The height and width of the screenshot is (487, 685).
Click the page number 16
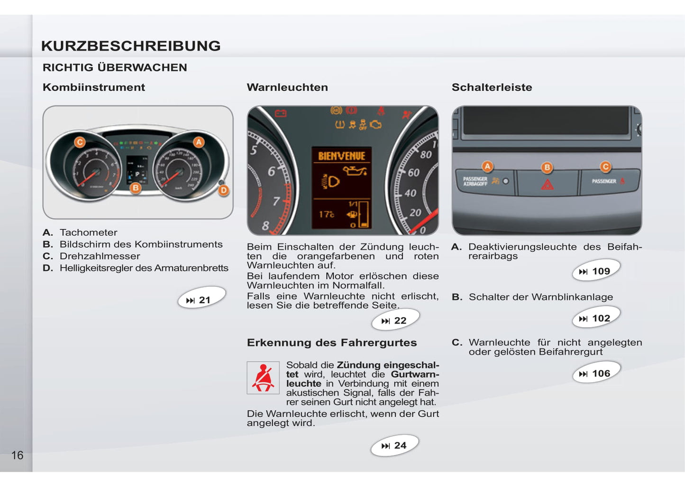coord(18,456)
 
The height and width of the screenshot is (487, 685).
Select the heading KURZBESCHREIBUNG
coord(131,46)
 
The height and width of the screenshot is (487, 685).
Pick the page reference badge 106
coord(596,374)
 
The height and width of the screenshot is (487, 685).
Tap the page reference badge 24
coord(395,446)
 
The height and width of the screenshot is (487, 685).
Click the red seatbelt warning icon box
coord(263,378)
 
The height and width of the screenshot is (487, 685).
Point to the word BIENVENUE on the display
coord(341,156)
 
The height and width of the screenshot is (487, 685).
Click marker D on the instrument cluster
coord(224,190)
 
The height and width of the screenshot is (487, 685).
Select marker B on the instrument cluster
coord(136,188)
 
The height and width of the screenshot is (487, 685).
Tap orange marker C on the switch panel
coord(605,167)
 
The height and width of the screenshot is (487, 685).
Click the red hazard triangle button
coord(548,184)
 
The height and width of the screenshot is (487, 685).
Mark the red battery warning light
coord(281,113)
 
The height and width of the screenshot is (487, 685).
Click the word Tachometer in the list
coord(89,233)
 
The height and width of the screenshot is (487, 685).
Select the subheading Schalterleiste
coord(492,87)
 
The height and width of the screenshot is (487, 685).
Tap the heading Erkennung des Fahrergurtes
coord(332,343)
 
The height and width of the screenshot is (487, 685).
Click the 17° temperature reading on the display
coord(327,215)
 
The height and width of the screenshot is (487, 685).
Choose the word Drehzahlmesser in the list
coord(100,256)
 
